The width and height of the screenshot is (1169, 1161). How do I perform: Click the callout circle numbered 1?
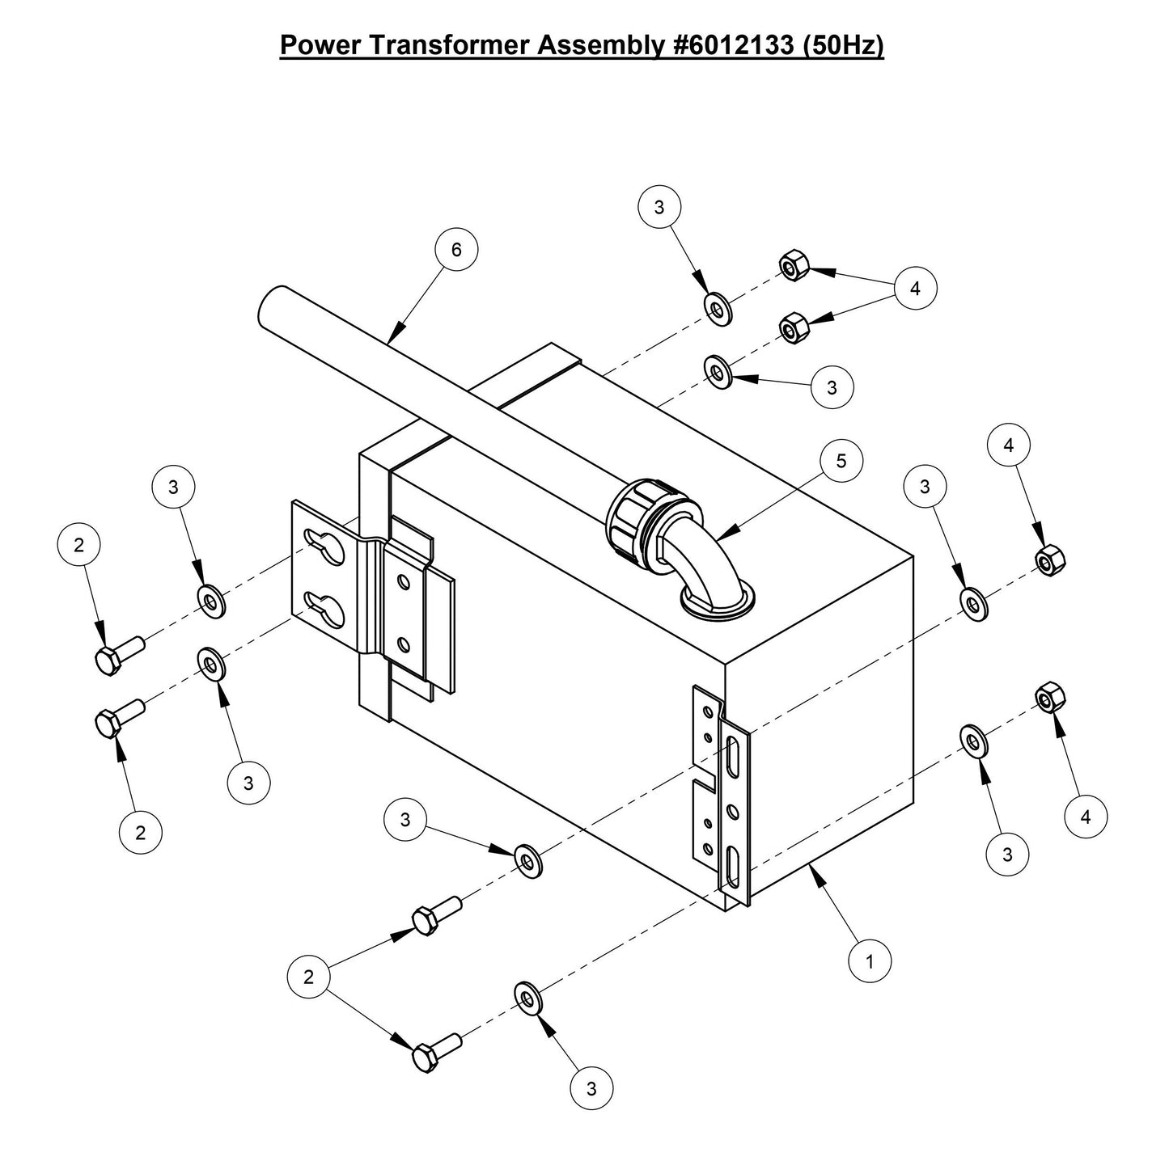pyautogui.click(x=870, y=962)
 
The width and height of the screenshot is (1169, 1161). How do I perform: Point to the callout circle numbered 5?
pyautogui.click(x=841, y=461)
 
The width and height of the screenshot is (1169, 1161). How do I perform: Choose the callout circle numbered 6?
pyautogui.click(x=456, y=250)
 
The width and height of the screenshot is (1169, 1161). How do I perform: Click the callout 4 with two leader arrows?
pyautogui.click(x=915, y=289)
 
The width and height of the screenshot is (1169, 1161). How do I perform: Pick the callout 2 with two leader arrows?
pyautogui.click(x=308, y=977)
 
